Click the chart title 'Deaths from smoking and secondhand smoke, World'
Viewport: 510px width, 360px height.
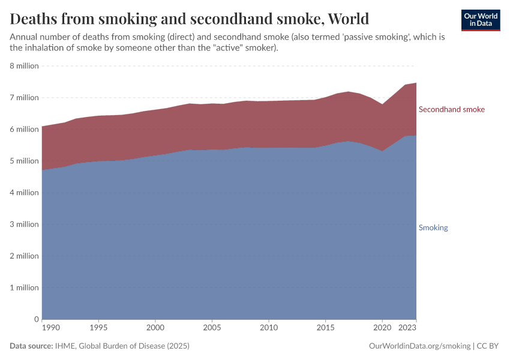[x=189, y=19]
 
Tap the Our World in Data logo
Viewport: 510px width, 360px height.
[x=480, y=20]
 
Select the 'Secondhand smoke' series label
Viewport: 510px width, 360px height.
[x=451, y=109]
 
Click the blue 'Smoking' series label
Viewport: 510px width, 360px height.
[x=433, y=227]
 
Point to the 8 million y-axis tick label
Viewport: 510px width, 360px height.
[x=24, y=65]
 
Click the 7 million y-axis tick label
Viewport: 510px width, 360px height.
[x=24, y=97]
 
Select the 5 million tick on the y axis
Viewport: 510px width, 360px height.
[x=24, y=161]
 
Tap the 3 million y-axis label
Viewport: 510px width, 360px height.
[x=24, y=224]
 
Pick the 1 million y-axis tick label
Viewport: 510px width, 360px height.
[x=24, y=287]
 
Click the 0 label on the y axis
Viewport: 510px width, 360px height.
[x=36, y=319]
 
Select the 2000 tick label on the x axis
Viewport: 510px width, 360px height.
[x=155, y=328]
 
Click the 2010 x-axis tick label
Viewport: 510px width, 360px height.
[x=268, y=328]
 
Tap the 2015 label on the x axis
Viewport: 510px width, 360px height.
[x=325, y=328]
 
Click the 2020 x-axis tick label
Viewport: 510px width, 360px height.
[x=382, y=328]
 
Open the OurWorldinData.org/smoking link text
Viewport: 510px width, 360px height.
[x=419, y=346]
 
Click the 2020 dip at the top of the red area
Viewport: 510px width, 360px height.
[x=382, y=104]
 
